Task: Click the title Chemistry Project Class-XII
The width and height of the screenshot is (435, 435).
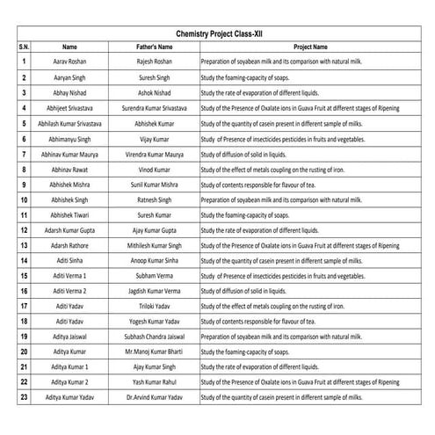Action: [219, 32]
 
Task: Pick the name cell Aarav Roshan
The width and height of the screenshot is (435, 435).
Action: [70, 62]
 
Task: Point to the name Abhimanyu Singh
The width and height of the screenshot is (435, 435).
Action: [70, 138]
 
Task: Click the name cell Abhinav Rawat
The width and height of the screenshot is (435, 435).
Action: [70, 169]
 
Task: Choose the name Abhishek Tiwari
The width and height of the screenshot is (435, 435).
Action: [70, 214]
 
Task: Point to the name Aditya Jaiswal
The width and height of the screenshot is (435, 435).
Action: [70, 337]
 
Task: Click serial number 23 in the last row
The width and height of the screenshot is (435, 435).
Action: [24, 398]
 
